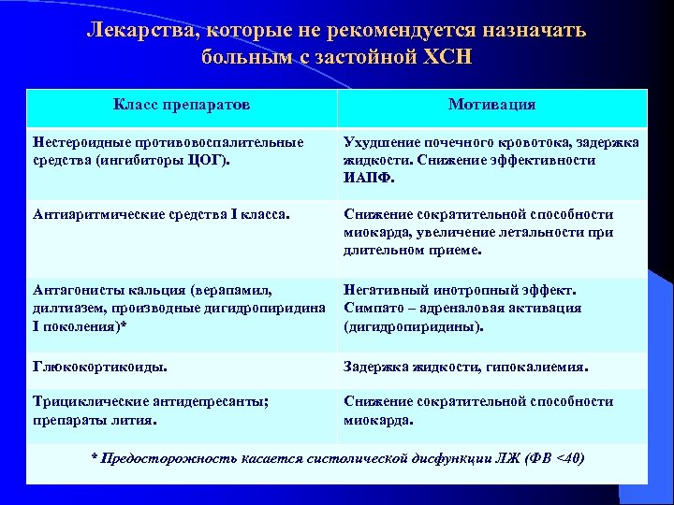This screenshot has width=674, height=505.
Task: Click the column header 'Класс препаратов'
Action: (182, 104)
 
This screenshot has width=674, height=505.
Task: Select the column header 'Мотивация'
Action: (491, 104)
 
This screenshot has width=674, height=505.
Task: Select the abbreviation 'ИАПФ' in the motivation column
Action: (368, 177)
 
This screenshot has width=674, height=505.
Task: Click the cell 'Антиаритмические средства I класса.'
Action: (161, 214)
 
